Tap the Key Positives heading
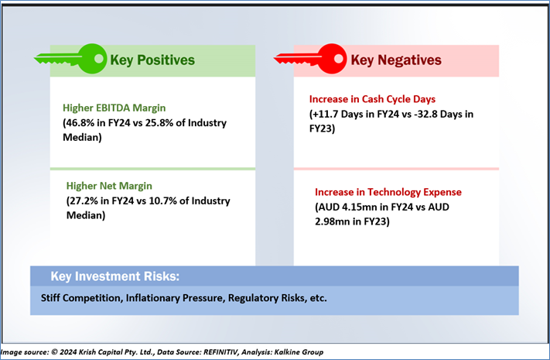(x=152, y=60)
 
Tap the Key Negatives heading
(x=396, y=60)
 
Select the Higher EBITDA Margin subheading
(x=114, y=108)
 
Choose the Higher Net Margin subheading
(x=109, y=186)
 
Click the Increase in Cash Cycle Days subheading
(x=372, y=99)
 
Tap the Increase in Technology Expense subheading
(x=388, y=192)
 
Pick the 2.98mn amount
(x=332, y=221)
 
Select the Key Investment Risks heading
(x=114, y=276)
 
